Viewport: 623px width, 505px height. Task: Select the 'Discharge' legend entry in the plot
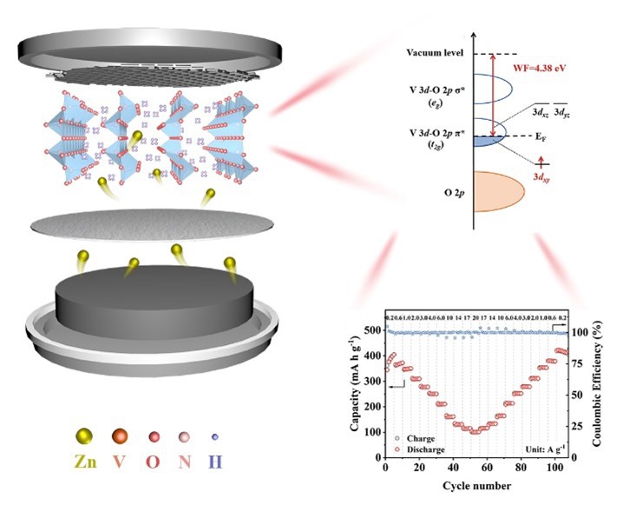[x=423, y=449]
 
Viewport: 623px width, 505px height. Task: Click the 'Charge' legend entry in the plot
[x=419, y=438]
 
